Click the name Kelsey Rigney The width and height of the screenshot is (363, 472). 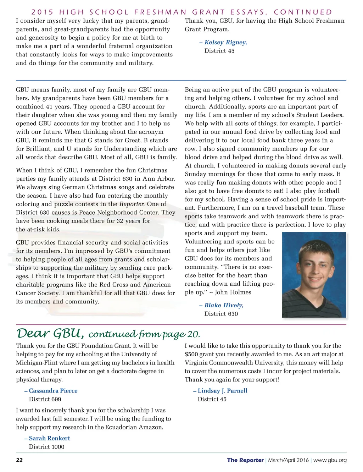tap(225, 43)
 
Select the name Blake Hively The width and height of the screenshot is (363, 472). tap(224, 306)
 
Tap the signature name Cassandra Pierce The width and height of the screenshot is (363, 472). tap(53, 391)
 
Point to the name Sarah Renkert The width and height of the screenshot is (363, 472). tap(49, 438)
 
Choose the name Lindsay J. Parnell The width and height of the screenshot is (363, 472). tap(222, 391)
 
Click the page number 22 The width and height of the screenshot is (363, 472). tap(19, 460)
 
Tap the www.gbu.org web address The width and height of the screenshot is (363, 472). tap(330, 460)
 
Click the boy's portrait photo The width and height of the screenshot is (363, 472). tap(314, 275)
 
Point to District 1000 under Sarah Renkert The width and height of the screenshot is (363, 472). tap(46, 447)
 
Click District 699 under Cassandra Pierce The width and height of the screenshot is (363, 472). tap(45, 399)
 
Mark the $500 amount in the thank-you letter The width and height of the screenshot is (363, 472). tap(191, 354)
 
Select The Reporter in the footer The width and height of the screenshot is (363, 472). tap(245, 460)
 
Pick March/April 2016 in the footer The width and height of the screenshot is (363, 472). tap(288, 460)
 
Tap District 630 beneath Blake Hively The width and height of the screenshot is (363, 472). tap(221, 314)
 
